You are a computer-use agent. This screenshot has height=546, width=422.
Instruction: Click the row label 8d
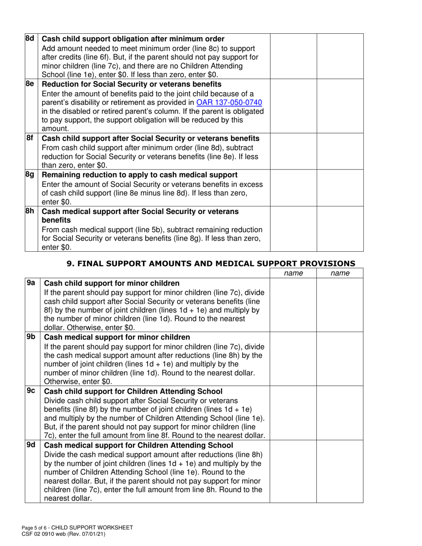30,39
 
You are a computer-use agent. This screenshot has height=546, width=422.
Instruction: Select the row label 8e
30,84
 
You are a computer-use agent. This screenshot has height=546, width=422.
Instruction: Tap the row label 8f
30,138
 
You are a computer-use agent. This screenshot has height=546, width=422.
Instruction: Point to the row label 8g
30,174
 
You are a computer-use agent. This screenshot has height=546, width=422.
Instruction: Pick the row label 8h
30,211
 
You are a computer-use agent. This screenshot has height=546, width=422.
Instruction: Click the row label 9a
31,283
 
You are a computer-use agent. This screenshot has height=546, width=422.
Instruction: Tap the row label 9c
31,391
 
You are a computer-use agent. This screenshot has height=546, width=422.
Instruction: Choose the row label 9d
31,445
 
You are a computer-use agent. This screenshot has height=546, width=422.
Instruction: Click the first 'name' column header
293,273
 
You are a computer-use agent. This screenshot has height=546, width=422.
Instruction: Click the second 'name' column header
340,273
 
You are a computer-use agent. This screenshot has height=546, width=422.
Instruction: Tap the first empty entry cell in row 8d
293,56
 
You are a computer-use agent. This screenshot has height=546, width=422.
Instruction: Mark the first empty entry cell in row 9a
293,305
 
